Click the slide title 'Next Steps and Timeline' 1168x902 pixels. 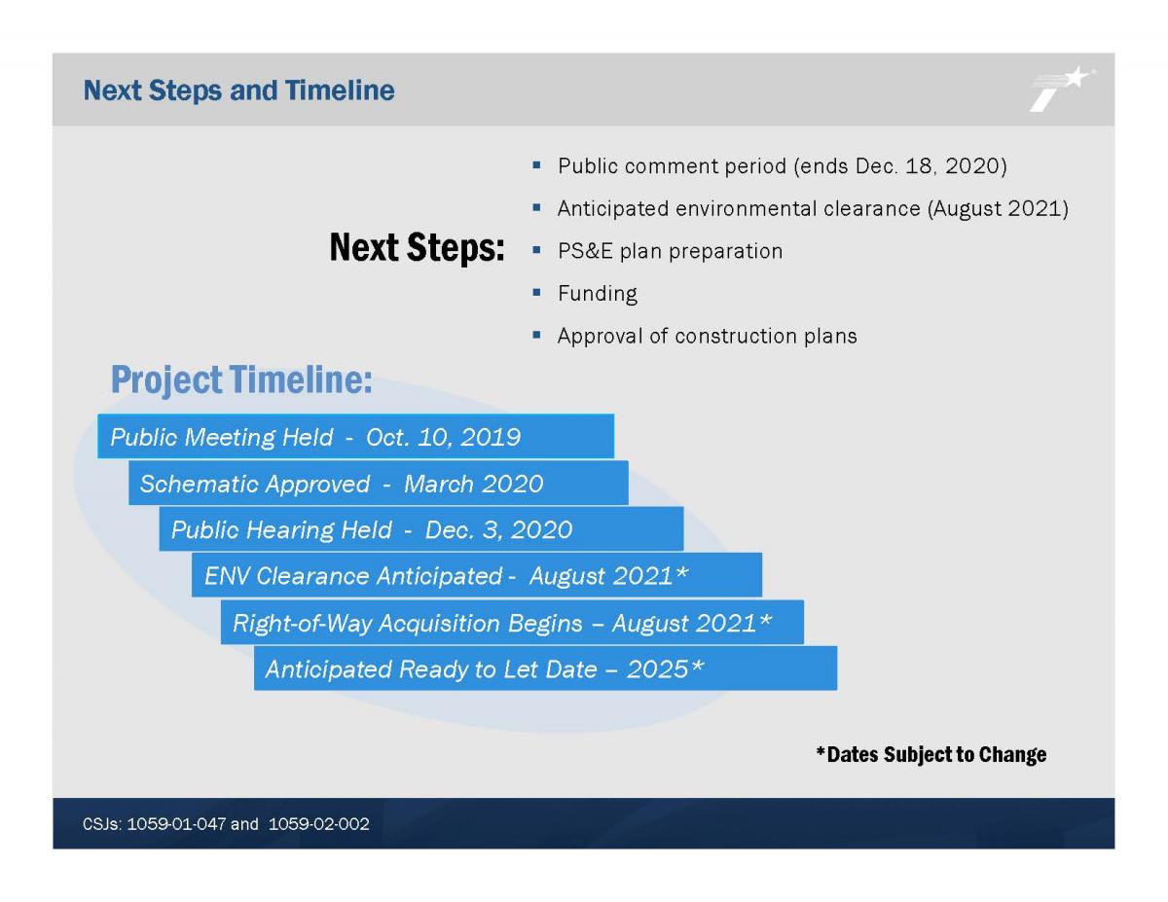point(238,90)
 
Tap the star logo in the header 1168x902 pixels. point(1062,90)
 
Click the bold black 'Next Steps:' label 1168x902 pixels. point(418,248)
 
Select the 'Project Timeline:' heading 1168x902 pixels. point(241,379)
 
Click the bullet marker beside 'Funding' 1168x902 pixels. point(536,293)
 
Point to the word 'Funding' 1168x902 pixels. point(598,294)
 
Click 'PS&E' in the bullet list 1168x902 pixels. point(585,251)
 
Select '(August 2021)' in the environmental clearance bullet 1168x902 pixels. point(998,208)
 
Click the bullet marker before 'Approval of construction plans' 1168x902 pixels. point(536,336)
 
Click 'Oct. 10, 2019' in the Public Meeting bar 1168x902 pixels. point(444,437)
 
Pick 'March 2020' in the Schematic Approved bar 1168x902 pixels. point(474,484)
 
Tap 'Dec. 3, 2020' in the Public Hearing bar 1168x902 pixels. point(498,530)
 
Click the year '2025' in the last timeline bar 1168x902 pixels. point(657,669)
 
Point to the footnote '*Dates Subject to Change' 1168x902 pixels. point(931,754)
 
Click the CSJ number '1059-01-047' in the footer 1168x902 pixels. point(176,824)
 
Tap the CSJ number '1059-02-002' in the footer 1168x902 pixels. point(318,824)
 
